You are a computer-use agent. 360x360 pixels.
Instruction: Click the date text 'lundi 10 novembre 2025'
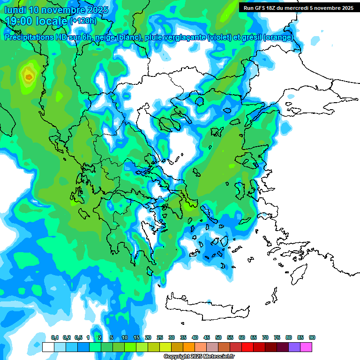56,10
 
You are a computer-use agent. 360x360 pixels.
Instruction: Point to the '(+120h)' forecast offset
83,21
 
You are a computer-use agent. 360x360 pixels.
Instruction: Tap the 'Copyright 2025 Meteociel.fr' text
199,357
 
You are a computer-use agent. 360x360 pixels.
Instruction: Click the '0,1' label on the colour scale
54,337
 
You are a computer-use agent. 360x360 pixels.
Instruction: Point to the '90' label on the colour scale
312,337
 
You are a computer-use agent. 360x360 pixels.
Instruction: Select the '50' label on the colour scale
218,337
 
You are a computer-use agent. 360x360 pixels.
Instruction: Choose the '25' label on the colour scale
159,337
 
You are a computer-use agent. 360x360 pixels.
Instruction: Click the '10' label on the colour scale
124,337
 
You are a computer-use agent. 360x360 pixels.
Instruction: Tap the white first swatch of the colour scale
48,347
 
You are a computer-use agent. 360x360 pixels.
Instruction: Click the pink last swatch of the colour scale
306,347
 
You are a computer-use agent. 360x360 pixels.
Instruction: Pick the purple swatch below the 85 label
294,347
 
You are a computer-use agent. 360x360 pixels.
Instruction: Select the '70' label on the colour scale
265,337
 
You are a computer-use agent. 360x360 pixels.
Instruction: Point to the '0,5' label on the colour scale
78,337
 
